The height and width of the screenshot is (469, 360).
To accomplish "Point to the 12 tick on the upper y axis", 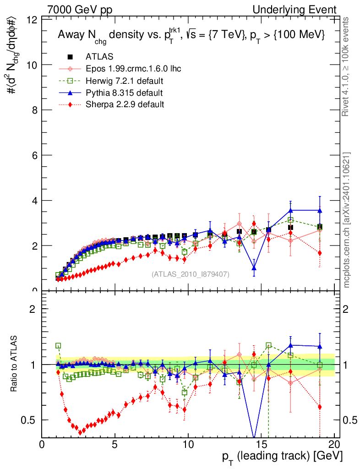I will click(32, 20).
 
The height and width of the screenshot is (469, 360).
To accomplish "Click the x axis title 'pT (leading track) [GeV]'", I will click(282, 456).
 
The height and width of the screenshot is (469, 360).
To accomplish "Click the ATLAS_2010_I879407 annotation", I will click(190, 274).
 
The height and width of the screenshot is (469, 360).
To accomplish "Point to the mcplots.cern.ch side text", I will click(347, 220).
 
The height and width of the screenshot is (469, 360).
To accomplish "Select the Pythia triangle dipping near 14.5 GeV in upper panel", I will click(254, 268).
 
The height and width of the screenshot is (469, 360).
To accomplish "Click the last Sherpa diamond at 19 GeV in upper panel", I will click(320, 253).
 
